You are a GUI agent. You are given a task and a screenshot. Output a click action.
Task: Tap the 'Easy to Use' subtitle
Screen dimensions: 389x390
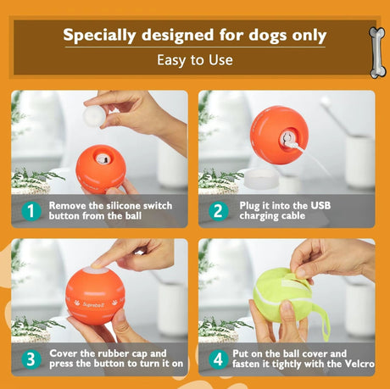point(195,60)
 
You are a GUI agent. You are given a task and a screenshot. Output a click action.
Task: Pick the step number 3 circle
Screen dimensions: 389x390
point(31,359)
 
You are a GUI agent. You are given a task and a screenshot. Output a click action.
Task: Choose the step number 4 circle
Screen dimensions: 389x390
point(217,359)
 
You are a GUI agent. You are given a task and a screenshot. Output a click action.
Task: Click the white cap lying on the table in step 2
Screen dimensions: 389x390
point(264,179)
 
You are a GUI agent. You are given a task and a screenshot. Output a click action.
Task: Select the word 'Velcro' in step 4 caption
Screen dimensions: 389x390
point(355,364)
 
